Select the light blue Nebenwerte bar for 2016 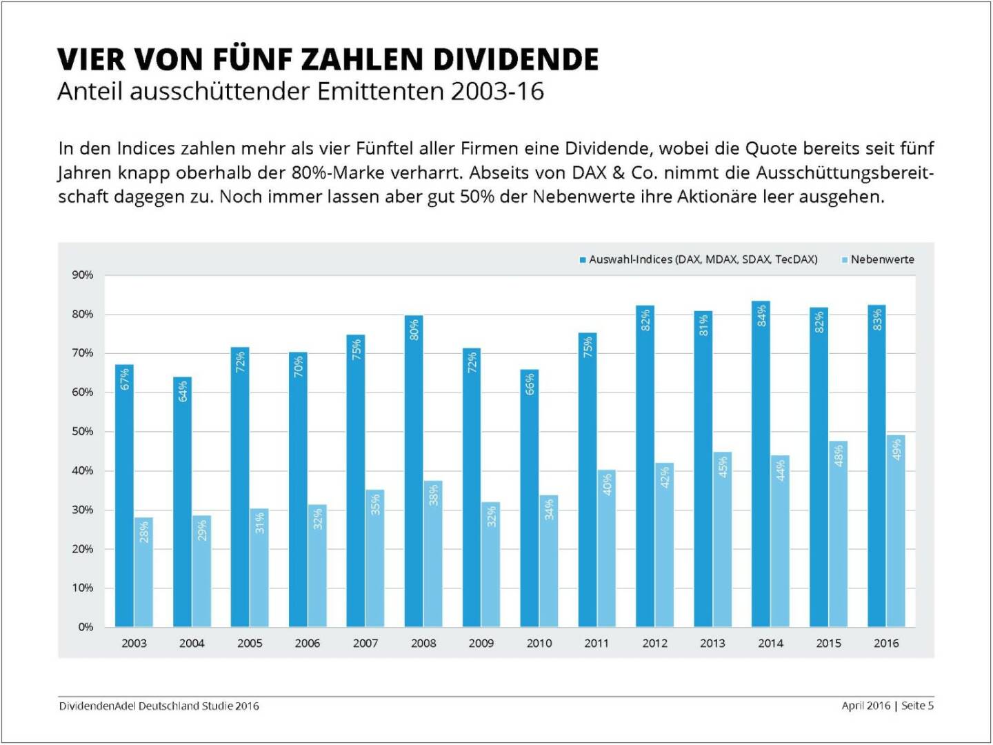coord(896,531)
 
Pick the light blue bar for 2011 coord(606,548)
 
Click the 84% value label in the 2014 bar coord(761,315)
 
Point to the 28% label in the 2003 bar coord(144,532)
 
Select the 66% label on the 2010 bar coord(530,384)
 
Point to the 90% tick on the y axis coord(83,275)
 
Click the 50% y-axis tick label coord(83,432)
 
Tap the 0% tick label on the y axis coord(86,627)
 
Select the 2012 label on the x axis coord(654,643)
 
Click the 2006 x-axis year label coord(308,643)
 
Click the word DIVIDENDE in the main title coord(516,60)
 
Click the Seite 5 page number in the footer coord(917,706)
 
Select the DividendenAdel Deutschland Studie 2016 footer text coord(159,706)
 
